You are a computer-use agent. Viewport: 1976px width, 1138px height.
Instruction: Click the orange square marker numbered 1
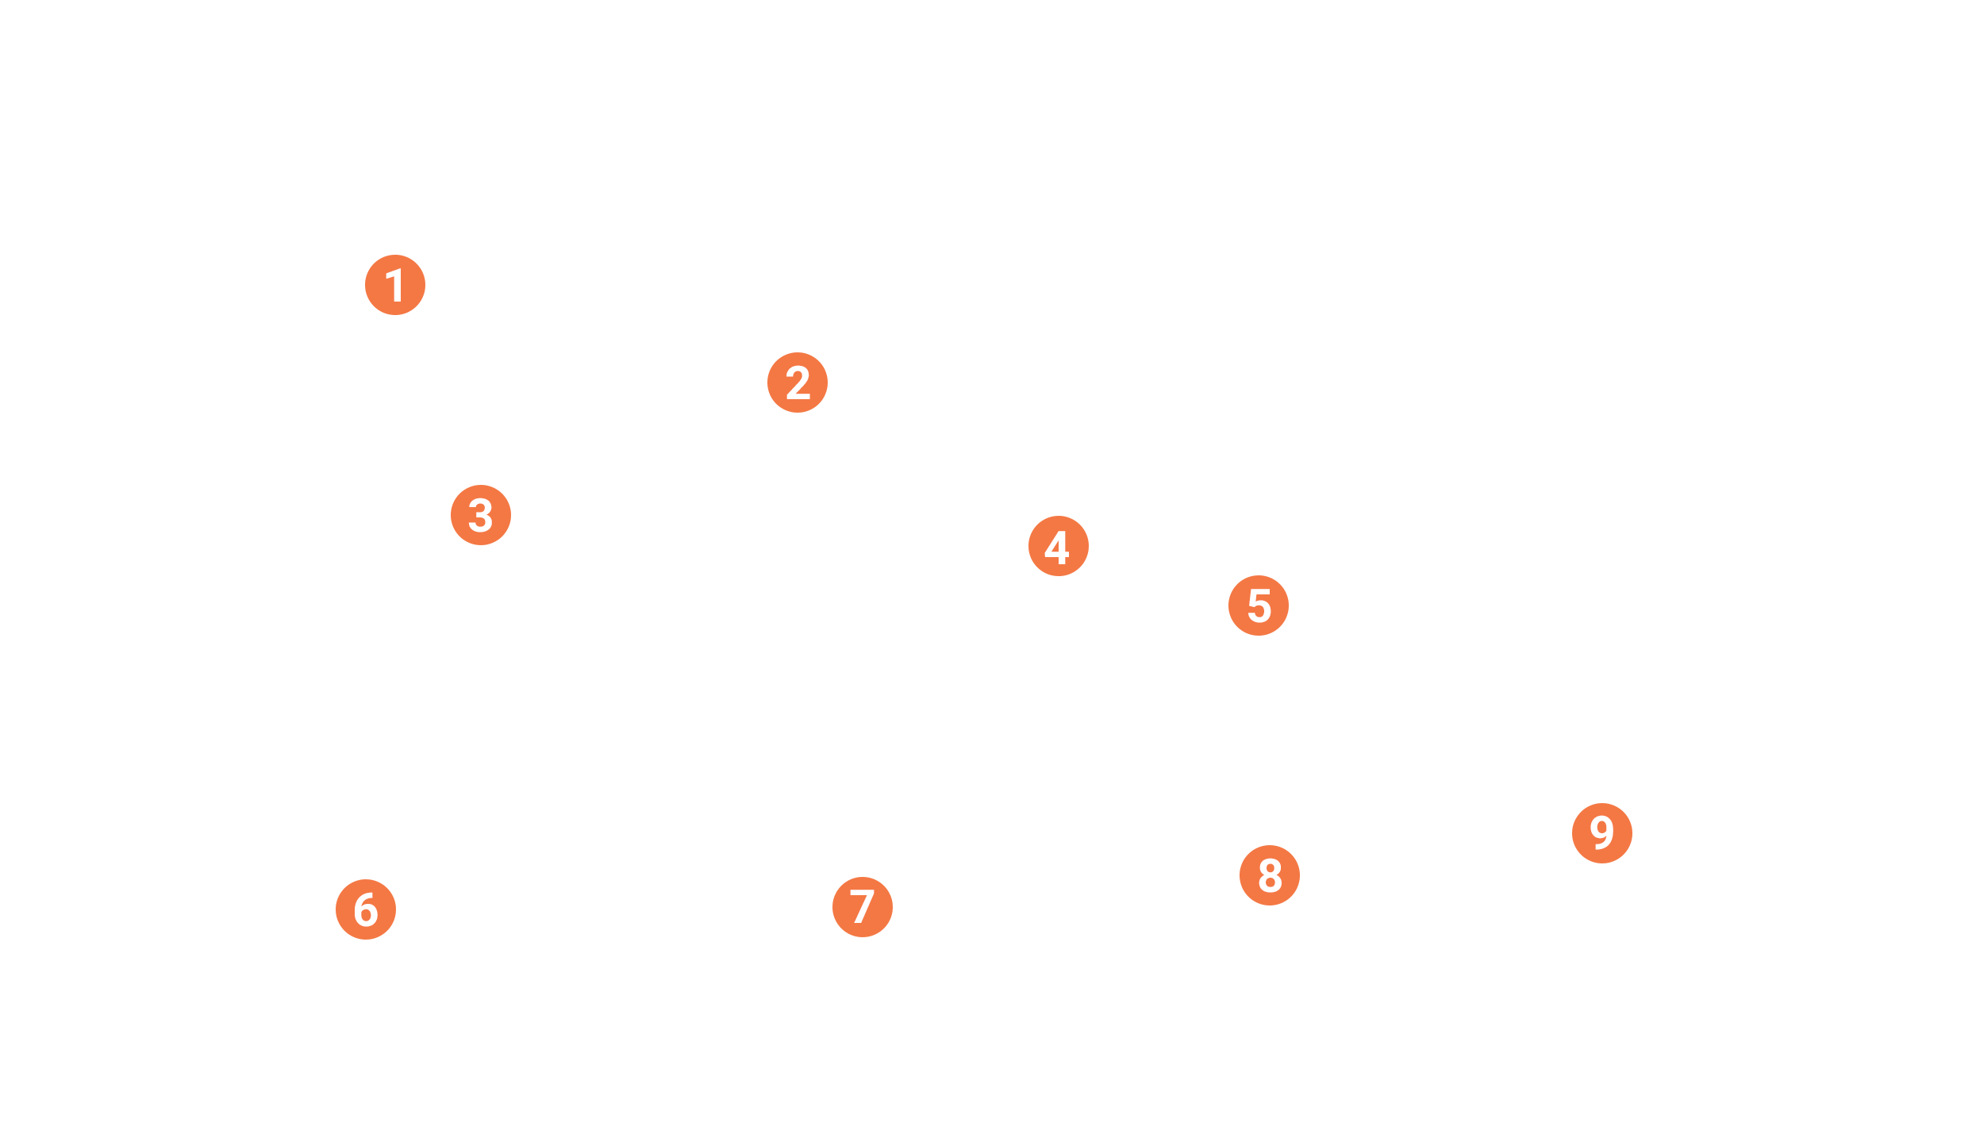(395, 286)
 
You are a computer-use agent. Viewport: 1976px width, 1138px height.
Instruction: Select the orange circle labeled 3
(481, 515)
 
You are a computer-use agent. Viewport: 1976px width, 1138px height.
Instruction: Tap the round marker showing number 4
(1059, 546)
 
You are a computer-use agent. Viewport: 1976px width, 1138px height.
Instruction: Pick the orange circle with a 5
(1259, 606)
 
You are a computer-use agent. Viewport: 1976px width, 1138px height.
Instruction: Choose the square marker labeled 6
(366, 909)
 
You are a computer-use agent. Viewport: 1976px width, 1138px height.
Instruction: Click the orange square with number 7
(862, 906)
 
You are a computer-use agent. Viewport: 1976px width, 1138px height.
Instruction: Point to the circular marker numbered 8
(1270, 875)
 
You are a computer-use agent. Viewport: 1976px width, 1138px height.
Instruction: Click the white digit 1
(395, 286)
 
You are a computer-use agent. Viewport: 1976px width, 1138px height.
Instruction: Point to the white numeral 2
(798, 383)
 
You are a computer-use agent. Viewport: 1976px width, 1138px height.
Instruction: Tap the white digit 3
(481, 515)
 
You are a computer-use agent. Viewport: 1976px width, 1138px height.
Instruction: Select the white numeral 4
(1057, 547)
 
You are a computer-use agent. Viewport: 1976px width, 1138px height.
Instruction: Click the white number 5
(1259, 606)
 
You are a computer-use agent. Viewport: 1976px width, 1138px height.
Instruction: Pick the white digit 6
(366, 909)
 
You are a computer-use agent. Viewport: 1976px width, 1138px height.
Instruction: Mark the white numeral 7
(863, 906)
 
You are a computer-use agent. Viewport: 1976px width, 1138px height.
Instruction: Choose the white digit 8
(1271, 875)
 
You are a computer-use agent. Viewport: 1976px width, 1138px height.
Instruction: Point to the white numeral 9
(1601, 832)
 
